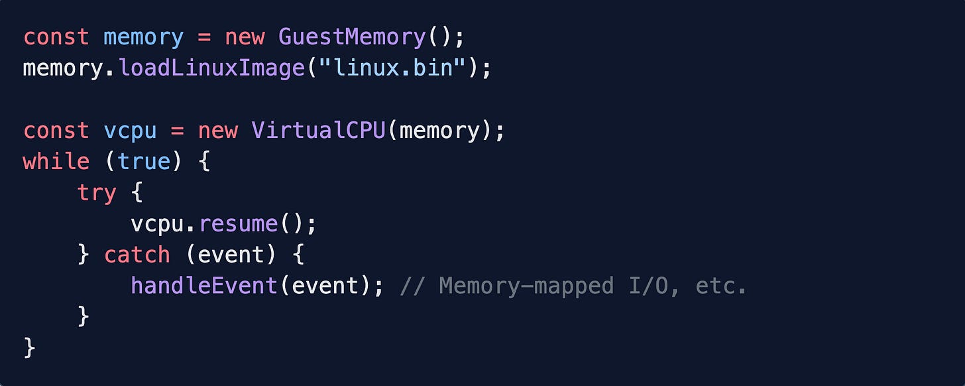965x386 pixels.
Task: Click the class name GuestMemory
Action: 352,37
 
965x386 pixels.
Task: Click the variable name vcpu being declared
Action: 130,131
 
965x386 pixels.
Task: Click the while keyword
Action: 56,162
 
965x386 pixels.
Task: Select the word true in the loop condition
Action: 143,162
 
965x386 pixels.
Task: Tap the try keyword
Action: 97,193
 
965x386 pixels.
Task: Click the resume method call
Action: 238,224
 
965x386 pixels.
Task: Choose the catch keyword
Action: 137,255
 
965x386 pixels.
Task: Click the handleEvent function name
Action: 204,287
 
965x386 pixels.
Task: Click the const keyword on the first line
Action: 56,37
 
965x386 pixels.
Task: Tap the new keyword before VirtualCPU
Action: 217,131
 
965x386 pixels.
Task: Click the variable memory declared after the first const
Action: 143,37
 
